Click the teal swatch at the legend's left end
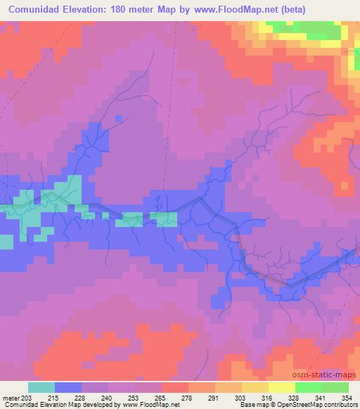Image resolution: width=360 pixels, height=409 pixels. [x=41, y=387]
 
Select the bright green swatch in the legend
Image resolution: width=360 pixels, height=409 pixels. [x=309, y=387]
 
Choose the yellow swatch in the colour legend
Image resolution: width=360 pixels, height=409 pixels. [x=282, y=387]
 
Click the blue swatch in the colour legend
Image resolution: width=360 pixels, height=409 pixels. [x=68, y=387]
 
